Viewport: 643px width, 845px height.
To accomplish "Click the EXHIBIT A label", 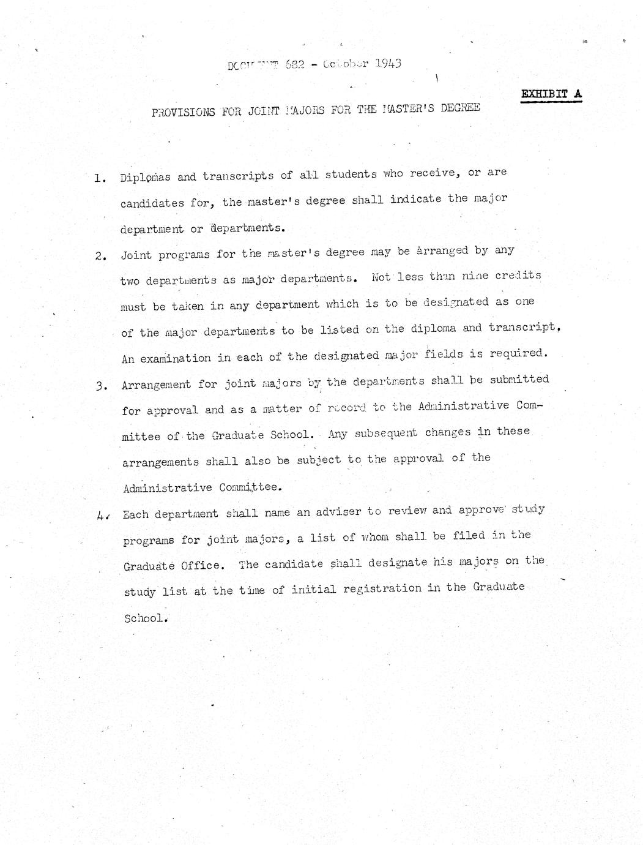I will coord(551,94).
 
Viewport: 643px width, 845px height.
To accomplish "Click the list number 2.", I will coord(101,256).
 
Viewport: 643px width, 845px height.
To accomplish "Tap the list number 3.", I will coord(102,386).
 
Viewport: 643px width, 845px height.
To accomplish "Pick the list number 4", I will coord(102,516).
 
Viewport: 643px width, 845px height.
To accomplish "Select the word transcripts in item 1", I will coord(238,176).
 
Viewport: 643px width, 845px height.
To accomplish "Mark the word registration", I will coord(382,589).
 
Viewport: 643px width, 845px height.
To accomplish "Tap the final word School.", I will coord(145,617).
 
